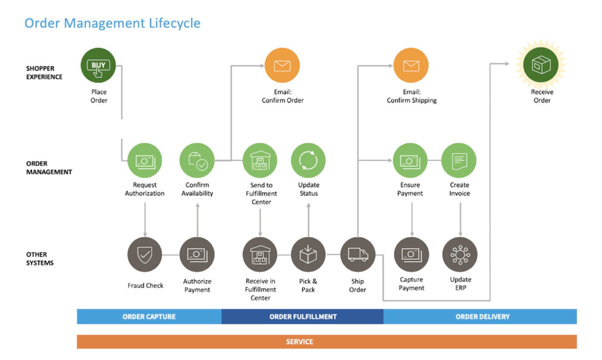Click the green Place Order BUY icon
(x=98, y=66)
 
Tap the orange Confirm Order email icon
(x=282, y=66)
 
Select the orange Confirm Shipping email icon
(x=411, y=66)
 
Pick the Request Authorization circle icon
(x=145, y=161)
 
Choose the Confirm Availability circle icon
(x=197, y=161)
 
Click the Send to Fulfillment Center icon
(x=260, y=161)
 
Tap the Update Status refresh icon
(x=308, y=161)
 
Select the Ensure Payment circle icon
(x=410, y=161)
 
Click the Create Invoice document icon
(x=459, y=161)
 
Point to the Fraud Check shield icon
(x=145, y=254)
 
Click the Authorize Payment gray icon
(x=197, y=254)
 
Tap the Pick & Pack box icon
(x=308, y=254)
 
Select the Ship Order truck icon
(x=358, y=254)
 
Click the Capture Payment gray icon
(x=411, y=254)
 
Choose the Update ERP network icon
(x=460, y=254)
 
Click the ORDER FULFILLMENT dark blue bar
(x=303, y=317)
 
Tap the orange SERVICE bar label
(x=300, y=342)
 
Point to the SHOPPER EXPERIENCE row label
(x=44, y=73)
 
